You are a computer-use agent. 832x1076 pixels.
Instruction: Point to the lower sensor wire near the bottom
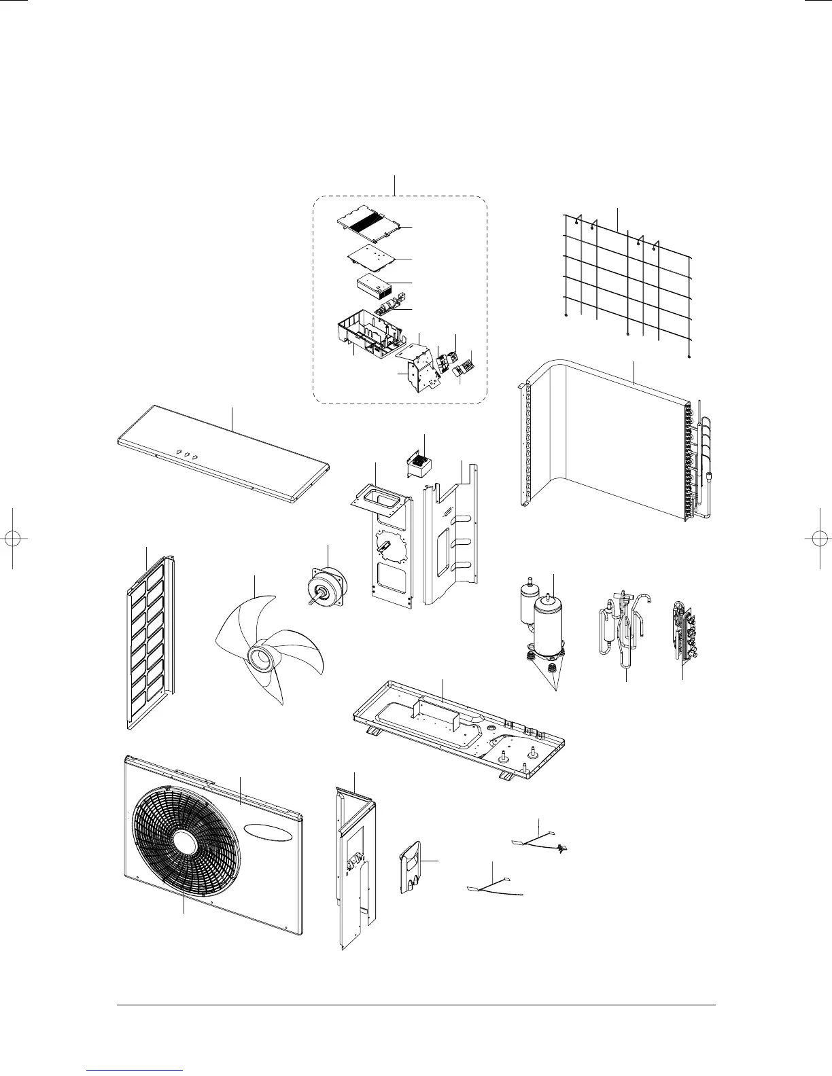click(x=495, y=886)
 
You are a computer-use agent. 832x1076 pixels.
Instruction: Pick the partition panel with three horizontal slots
click(x=449, y=537)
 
